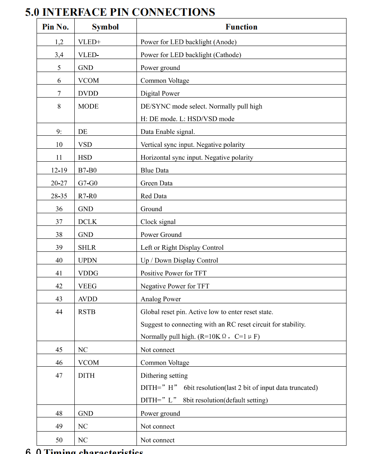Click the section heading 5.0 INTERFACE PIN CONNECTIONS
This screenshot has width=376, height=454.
[x=120, y=12]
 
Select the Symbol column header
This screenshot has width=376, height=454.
[x=105, y=27]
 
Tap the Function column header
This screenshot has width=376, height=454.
[x=241, y=27]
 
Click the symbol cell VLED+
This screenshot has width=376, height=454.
[x=89, y=42]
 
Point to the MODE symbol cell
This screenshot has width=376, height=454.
[x=88, y=106]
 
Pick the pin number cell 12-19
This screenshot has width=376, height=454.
[x=59, y=170]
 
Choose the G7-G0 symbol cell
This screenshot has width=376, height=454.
[x=88, y=183]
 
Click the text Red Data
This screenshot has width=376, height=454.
[x=153, y=196]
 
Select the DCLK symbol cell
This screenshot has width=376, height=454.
[x=87, y=221]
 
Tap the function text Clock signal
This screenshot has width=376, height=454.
[x=158, y=221]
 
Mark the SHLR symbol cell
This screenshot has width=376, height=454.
[x=87, y=247]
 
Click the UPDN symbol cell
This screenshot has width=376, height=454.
[x=87, y=260]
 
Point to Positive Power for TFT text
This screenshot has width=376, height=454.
[x=173, y=273]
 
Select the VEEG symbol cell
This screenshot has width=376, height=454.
[x=87, y=286]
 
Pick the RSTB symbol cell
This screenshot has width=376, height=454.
[x=87, y=312]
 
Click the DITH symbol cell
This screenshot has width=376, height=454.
[x=86, y=375]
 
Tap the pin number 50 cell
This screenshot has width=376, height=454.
[x=59, y=440]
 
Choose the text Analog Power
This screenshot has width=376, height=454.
[x=160, y=299]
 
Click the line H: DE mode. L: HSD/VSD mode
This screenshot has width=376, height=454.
[x=187, y=119]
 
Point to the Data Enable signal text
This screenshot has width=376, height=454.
[x=168, y=132]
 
